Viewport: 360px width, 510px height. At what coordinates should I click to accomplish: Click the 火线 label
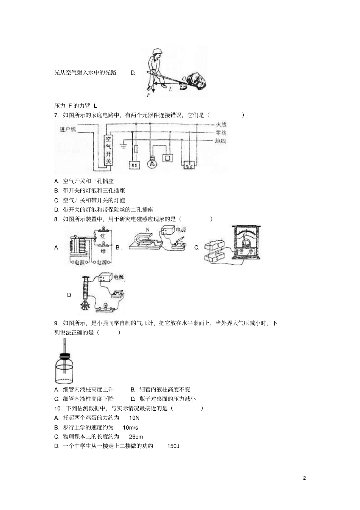click(x=221, y=124)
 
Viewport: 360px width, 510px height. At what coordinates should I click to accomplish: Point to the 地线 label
click(x=220, y=141)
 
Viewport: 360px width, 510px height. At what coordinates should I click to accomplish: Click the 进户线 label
click(x=68, y=129)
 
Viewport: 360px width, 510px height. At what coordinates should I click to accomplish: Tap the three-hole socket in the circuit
click(x=189, y=165)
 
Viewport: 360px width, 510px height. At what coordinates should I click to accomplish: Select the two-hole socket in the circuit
click(x=135, y=165)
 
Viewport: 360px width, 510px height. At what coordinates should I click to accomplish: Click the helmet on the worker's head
click(x=157, y=51)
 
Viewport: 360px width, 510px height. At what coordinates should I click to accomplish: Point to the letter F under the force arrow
click(x=149, y=96)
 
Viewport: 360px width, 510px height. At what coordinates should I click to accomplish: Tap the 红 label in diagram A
click(x=103, y=236)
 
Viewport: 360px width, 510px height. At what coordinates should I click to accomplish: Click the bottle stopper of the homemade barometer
click(x=65, y=356)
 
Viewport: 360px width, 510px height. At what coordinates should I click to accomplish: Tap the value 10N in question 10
click(x=134, y=418)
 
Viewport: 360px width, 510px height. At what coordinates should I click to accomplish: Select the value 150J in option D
click(x=173, y=446)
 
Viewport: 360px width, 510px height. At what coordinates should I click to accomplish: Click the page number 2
click(x=304, y=478)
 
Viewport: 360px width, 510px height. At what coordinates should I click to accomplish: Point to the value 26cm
click(x=136, y=437)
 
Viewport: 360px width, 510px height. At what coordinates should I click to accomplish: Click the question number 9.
click(x=56, y=323)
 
